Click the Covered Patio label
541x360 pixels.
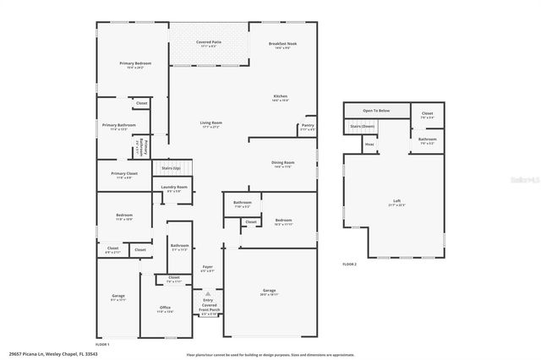[x=208, y=42]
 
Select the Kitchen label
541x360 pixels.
[x=280, y=96]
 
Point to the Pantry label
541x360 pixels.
[x=308, y=126]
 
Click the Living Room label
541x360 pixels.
[x=210, y=123]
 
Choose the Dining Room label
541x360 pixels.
[x=283, y=163]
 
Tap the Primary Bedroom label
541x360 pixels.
[x=135, y=64]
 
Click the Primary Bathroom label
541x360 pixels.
[x=114, y=126]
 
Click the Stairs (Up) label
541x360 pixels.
[x=172, y=168]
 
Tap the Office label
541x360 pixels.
[x=166, y=308]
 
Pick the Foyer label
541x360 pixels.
[x=207, y=268]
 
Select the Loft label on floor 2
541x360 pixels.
[x=396, y=201]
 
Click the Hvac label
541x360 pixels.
[x=369, y=145]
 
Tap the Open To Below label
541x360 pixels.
[x=376, y=110]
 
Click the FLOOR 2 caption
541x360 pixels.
[x=350, y=265]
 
